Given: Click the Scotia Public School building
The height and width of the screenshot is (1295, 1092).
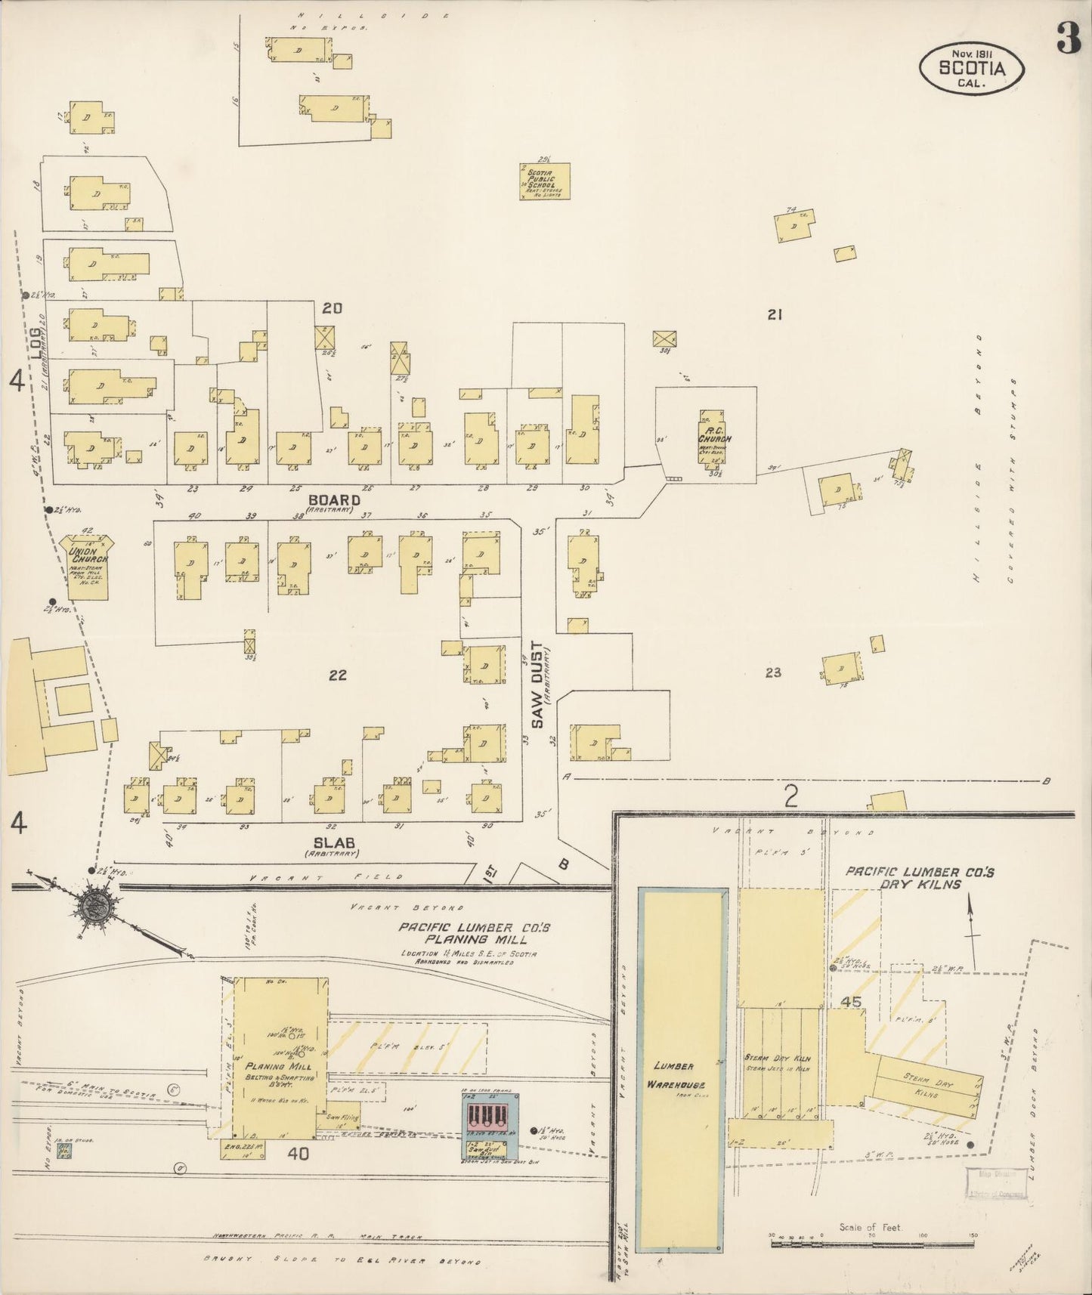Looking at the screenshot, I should [x=544, y=181].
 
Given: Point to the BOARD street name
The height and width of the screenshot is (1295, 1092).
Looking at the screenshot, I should [x=334, y=500].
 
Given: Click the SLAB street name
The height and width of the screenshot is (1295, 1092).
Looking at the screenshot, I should [x=331, y=842].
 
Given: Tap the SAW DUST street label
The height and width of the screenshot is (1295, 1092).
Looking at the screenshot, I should [x=537, y=685].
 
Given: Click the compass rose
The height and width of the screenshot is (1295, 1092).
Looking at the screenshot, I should [x=97, y=904].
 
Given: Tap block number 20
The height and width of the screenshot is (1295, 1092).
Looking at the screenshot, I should [x=333, y=308].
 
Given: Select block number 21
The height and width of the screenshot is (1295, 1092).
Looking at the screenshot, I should [x=774, y=315].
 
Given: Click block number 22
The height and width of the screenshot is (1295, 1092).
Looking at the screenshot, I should [x=337, y=675].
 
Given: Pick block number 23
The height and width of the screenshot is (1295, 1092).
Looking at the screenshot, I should [x=772, y=672].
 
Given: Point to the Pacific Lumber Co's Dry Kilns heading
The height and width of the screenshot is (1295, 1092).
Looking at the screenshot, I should [x=920, y=878].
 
